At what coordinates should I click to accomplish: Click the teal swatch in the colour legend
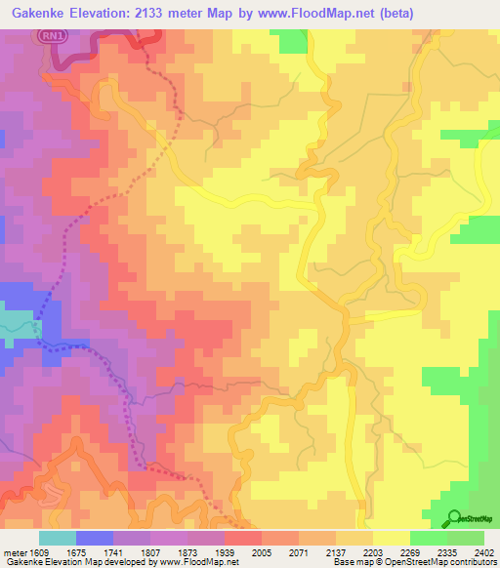coord(58,538)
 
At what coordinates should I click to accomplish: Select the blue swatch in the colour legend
coord(95,538)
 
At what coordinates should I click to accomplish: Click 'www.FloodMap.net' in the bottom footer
coord(196,562)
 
